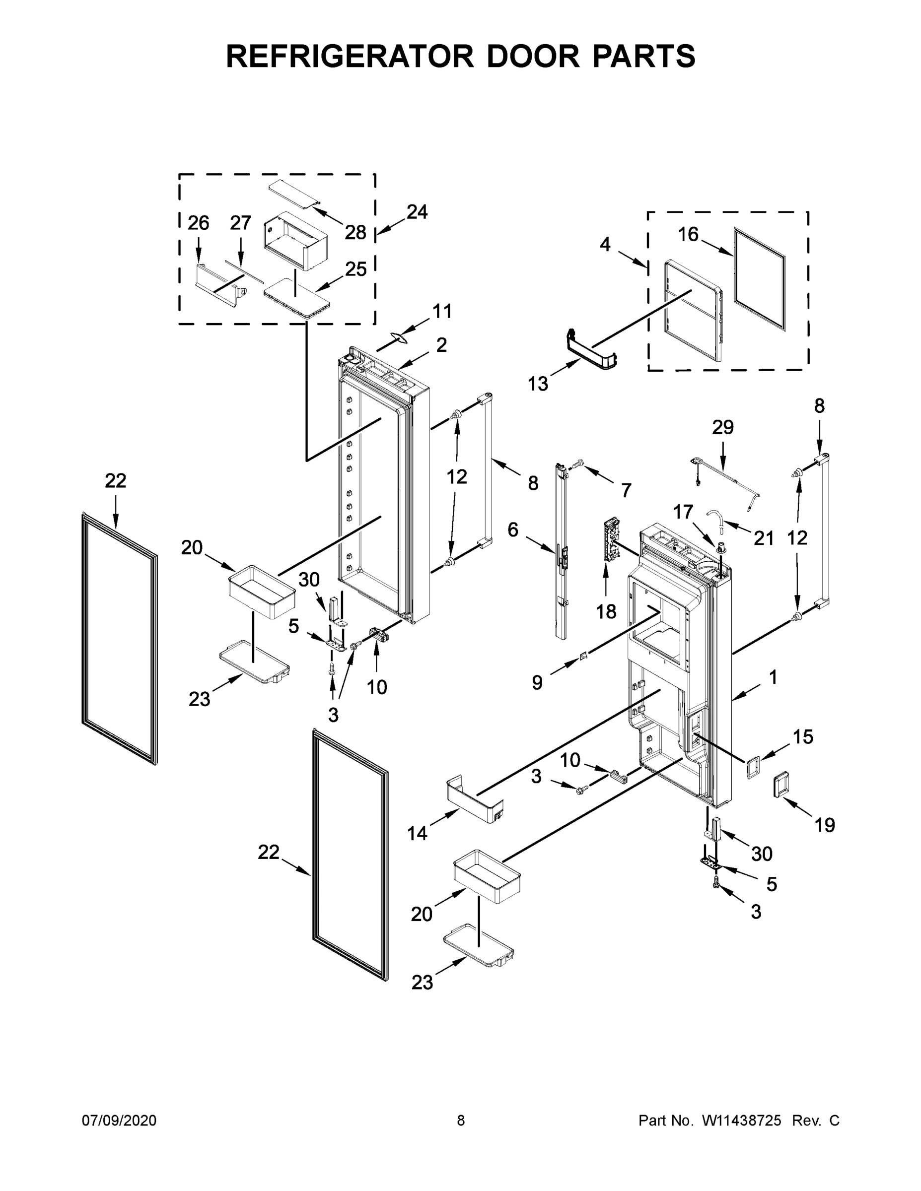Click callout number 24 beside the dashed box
pos(417,211)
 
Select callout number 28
pos(355,233)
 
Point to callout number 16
pos(688,235)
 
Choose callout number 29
pos(722,427)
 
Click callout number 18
pos(606,612)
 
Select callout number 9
pos(537,682)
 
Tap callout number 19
pos(824,825)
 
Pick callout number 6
pos(513,529)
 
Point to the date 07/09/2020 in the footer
pos(119,1121)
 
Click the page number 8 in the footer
pos(461,1121)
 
